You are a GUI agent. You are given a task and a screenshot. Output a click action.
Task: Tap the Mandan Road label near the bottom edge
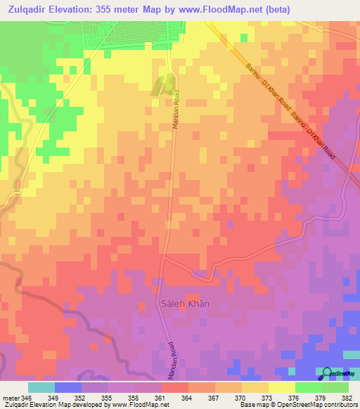click(x=170, y=360)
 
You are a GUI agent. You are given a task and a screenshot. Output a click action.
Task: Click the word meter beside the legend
click(x=10, y=397)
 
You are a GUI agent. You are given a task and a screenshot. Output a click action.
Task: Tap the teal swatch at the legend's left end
click(x=41, y=387)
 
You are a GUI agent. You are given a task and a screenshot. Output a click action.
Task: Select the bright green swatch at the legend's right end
click(x=335, y=387)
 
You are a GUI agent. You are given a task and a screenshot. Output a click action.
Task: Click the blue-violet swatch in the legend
click(x=67, y=387)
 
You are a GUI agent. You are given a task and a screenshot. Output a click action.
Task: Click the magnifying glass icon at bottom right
click(x=327, y=373)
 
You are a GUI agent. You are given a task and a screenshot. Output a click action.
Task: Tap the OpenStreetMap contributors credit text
click(x=316, y=405)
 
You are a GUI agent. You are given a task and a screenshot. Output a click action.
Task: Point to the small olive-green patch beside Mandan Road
click(x=160, y=85)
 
